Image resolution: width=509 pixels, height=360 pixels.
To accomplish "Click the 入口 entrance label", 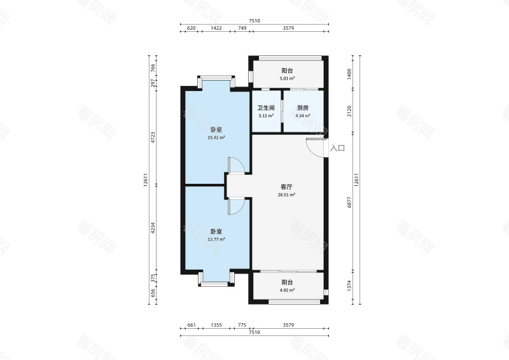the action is pyautogui.click(x=337, y=148).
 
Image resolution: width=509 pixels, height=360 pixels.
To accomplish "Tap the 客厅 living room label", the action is pyautogui.click(x=286, y=187).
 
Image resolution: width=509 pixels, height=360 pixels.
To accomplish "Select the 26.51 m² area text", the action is pyautogui.click(x=286, y=195).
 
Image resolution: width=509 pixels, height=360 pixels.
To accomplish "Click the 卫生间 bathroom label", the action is pyautogui.click(x=266, y=107).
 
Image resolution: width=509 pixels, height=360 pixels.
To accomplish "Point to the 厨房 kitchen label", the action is pyautogui.click(x=303, y=107).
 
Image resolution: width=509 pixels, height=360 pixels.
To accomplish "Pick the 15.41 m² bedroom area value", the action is pyautogui.click(x=216, y=137).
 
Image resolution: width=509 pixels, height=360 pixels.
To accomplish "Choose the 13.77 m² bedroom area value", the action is pyautogui.click(x=216, y=240).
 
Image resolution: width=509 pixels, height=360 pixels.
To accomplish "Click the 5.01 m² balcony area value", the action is pyautogui.click(x=288, y=79).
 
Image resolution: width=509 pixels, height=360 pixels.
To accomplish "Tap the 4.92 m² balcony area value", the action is pyautogui.click(x=288, y=290).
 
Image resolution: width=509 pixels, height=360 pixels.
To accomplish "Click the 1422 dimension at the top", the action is pyautogui.click(x=216, y=28).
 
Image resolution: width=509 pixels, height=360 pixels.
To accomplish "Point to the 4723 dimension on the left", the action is pyautogui.click(x=153, y=137).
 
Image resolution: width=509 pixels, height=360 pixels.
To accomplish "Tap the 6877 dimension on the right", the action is pyautogui.click(x=349, y=202).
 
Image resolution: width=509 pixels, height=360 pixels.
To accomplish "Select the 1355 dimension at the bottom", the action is pyautogui.click(x=216, y=325).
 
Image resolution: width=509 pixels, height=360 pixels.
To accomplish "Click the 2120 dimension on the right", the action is pyautogui.click(x=349, y=111).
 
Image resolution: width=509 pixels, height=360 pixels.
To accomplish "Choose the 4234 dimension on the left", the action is pyautogui.click(x=153, y=228).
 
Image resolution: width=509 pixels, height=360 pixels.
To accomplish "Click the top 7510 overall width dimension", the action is pyautogui.click(x=254, y=21).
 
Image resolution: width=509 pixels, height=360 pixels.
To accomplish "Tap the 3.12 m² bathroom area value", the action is pyautogui.click(x=266, y=116).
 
